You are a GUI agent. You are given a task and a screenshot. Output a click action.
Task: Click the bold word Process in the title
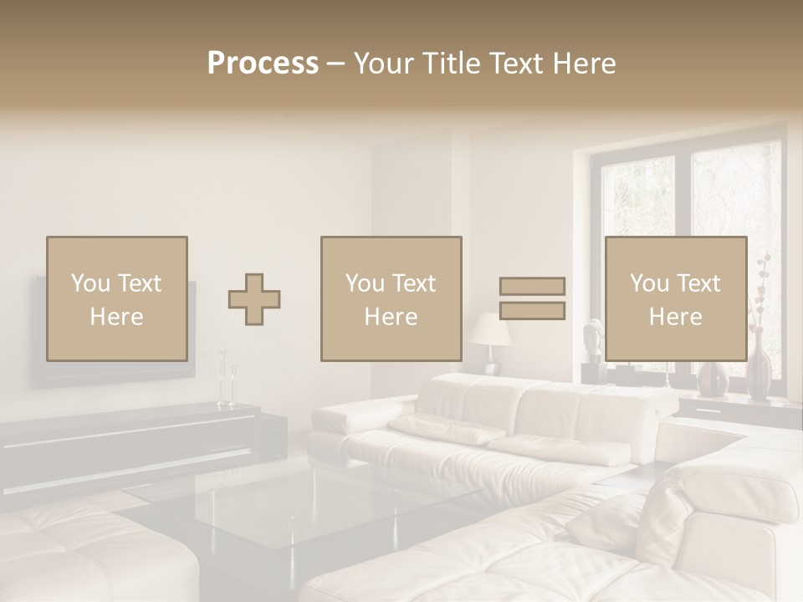[263, 64]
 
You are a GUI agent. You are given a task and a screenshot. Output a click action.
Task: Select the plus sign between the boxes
[254, 299]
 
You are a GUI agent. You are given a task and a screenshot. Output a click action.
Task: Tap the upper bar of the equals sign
[532, 286]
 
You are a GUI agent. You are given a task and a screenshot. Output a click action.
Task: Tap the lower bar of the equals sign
[532, 311]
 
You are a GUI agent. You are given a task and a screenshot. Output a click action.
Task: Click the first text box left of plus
[116, 298]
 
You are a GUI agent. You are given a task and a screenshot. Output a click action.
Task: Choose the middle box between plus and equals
[391, 298]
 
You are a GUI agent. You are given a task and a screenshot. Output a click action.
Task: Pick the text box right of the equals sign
[675, 298]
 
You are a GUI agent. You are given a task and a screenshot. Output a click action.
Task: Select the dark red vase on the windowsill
[759, 369]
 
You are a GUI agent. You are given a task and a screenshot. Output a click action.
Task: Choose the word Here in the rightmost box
[675, 317]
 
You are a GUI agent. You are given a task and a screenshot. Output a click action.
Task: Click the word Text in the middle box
[413, 283]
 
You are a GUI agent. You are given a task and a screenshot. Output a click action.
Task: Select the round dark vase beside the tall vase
[713, 379]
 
